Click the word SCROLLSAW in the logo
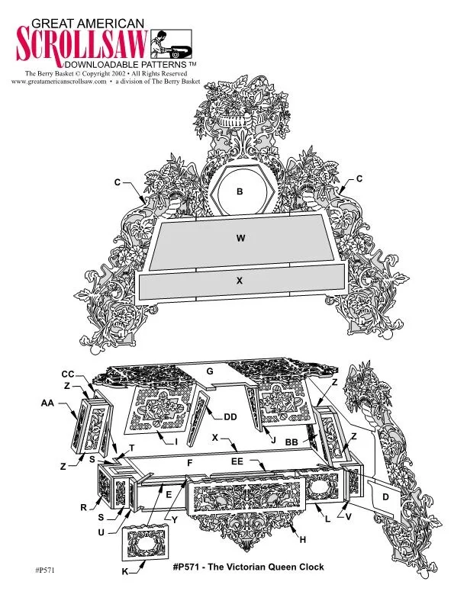click(82, 43)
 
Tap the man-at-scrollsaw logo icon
click(171, 44)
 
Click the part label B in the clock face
click(240, 191)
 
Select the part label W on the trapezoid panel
click(241, 238)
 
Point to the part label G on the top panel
click(210, 371)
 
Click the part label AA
click(48, 403)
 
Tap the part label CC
click(68, 374)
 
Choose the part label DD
click(230, 417)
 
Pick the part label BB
click(291, 442)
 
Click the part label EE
click(237, 461)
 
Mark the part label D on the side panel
click(385, 497)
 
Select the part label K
click(125, 572)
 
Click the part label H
click(302, 540)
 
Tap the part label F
click(189, 463)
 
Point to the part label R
click(84, 508)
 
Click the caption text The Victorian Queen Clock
click(266, 567)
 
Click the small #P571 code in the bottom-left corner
click(45, 570)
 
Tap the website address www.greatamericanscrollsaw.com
click(59, 82)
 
